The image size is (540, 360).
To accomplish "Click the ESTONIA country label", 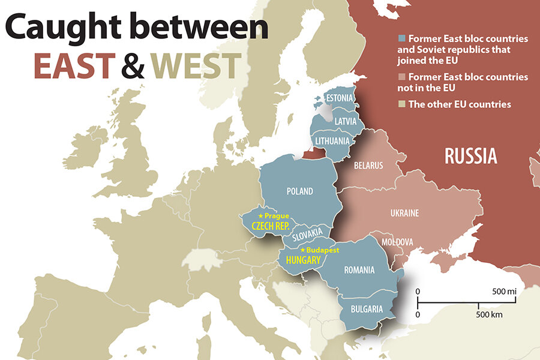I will pyautogui.click(x=339, y=98).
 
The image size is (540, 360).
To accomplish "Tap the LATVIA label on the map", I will pyautogui.click(x=345, y=121).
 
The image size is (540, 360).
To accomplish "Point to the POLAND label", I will pyautogui.click(x=299, y=191).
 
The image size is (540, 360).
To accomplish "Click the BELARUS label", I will pyautogui.click(x=368, y=166).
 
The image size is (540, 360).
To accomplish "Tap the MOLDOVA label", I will pyautogui.click(x=397, y=242).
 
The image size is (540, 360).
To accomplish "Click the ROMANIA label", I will pyautogui.click(x=359, y=270).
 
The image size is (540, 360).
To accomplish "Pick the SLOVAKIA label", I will pyautogui.click(x=308, y=235).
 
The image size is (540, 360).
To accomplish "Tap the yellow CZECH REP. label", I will pyautogui.click(x=270, y=226).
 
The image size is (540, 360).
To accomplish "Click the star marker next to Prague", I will pyautogui.click(x=260, y=215).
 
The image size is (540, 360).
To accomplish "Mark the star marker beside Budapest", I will pyautogui.click(x=303, y=250).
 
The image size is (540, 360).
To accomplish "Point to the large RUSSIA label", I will pyautogui.click(x=470, y=156).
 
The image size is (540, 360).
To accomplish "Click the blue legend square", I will pyautogui.click(x=401, y=38).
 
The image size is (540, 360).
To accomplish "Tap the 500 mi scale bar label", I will pyautogui.click(x=504, y=291).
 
